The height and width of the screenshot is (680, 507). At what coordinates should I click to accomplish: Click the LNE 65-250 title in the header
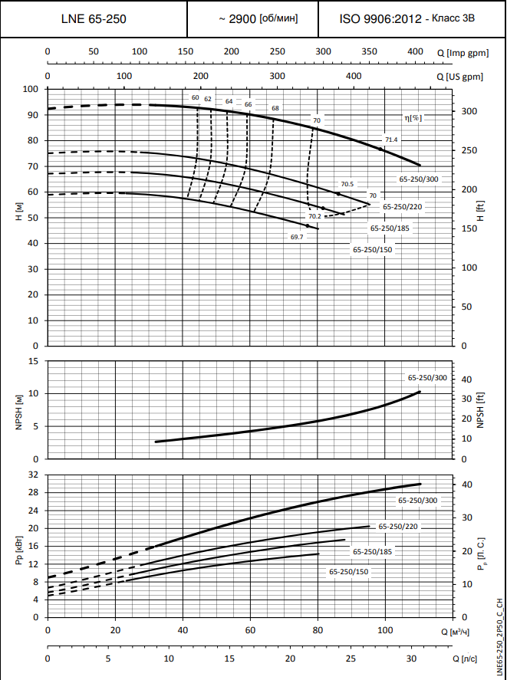click(x=94, y=18)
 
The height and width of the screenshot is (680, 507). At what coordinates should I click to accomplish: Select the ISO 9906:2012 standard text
click(x=413, y=18)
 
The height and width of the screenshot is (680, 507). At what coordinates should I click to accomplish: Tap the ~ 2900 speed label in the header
click(x=253, y=18)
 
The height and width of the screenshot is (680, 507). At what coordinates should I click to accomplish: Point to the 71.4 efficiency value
click(x=391, y=140)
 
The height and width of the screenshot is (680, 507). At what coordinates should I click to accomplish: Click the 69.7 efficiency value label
click(x=297, y=237)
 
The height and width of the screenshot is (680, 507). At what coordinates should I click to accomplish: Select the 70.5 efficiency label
click(x=347, y=184)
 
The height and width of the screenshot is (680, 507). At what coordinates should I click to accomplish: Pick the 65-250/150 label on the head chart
click(x=373, y=249)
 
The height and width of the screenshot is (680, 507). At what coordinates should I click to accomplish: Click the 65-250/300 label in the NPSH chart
click(x=427, y=378)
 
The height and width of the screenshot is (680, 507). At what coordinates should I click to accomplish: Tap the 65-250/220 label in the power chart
click(x=398, y=527)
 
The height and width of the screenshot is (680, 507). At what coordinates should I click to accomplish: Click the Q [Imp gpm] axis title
click(x=469, y=52)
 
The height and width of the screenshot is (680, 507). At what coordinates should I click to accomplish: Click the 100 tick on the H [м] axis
click(x=31, y=89)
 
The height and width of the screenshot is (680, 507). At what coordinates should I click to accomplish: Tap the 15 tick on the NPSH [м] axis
click(x=34, y=360)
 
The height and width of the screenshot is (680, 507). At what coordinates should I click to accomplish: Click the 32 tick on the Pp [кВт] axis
click(x=33, y=475)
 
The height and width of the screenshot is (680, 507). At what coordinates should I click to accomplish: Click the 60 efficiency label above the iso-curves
click(x=196, y=98)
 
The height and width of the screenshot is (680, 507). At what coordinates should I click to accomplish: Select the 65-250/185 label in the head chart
click(x=390, y=228)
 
